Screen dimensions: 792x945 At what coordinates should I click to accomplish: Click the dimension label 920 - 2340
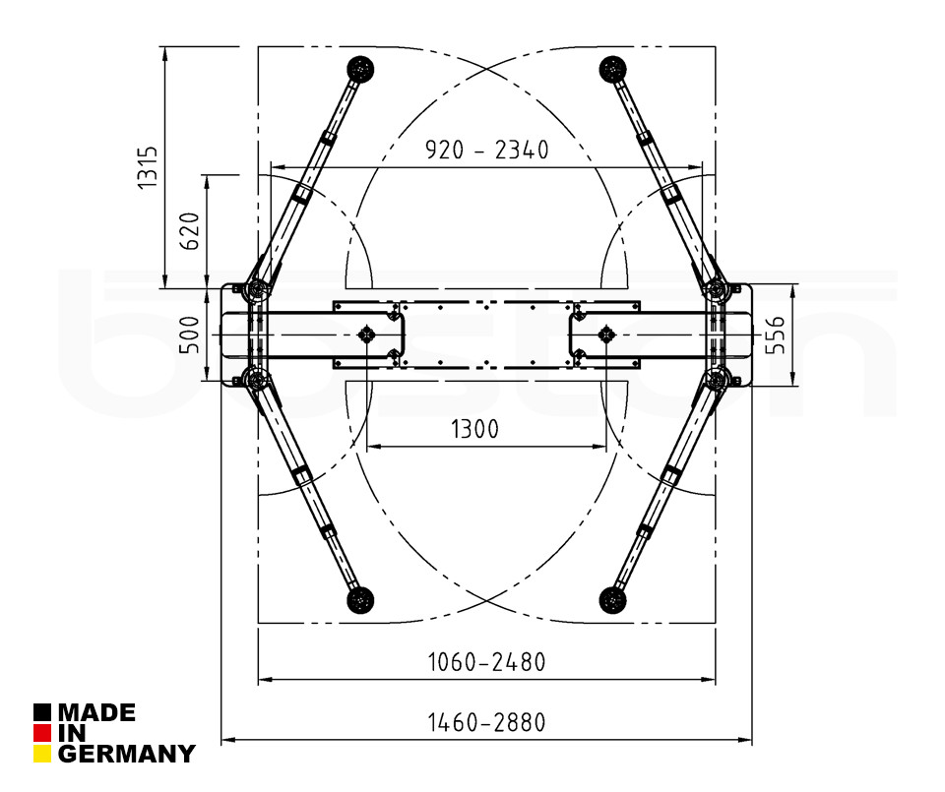[x=486, y=151]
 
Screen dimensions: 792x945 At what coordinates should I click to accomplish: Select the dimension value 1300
[x=474, y=429]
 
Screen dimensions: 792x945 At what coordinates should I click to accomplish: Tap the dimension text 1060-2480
[x=486, y=661]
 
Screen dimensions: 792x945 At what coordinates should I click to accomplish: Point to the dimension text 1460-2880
[x=486, y=722]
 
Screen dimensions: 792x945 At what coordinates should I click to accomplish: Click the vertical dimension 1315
[x=147, y=167]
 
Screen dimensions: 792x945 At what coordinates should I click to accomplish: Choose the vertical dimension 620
[x=191, y=230]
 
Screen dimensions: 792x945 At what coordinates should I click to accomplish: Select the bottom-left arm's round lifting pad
[x=360, y=598]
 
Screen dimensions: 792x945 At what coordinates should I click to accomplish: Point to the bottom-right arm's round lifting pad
[x=613, y=598]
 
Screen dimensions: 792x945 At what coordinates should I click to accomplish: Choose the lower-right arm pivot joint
[x=718, y=380]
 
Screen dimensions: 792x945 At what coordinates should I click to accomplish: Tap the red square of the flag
[x=42, y=733]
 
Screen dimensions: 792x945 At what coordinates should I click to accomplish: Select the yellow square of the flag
[x=42, y=755]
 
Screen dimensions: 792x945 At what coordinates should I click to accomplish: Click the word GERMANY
[x=126, y=755]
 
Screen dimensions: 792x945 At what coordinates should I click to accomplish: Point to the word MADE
[x=96, y=712]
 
